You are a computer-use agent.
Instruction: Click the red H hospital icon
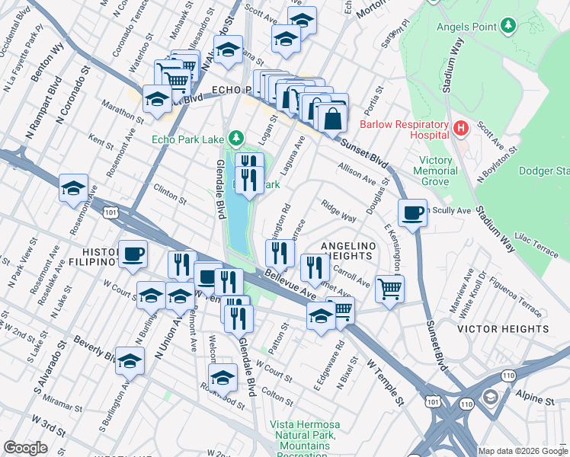tap(460, 129)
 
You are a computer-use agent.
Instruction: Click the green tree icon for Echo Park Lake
tap(237, 138)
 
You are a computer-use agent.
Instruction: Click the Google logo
tap(25, 448)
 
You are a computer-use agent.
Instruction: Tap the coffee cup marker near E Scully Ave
tap(412, 213)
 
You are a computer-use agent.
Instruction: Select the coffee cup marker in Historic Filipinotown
tap(133, 254)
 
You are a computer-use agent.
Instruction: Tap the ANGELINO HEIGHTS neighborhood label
tap(348, 251)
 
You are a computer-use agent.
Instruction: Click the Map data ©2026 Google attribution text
tap(523, 450)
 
